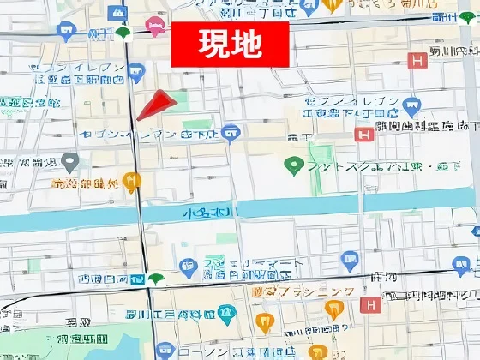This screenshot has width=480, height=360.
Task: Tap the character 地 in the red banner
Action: pyautogui.click(x=247, y=43)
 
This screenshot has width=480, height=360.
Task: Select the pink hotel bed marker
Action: pyautogui.click(x=154, y=27)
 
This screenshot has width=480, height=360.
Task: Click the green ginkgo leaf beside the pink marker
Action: pyautogui.click(x=124, y=33)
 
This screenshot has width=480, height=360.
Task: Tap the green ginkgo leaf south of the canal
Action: pyautogui.click(x=155, y=278)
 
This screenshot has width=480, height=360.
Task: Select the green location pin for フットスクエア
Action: pyautogui.click(x=296, y=165)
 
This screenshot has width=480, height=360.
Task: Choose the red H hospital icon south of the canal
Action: pyautogui.click(x=369, y=305)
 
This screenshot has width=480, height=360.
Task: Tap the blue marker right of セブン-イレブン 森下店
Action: pyautogui.click(x=229, y=133)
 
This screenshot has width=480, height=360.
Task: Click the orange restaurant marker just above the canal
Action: pyautogui.click(x=130, y=180)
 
